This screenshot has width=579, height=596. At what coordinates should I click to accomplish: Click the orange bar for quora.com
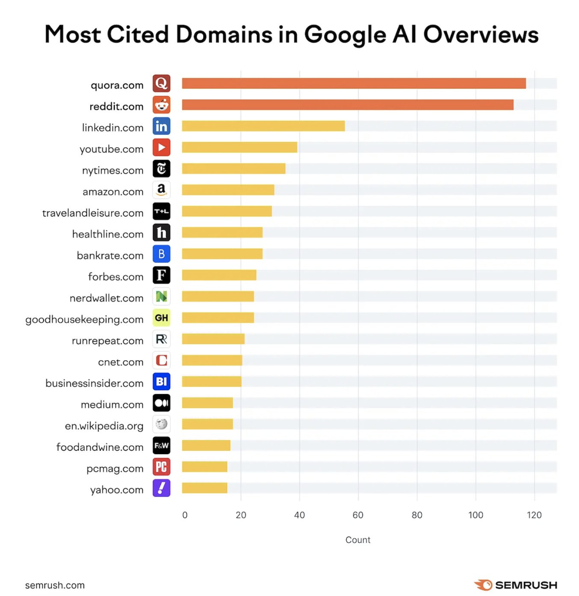pyautogui.click(x=354, y=83)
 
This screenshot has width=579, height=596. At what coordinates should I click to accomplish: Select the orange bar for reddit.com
pyautogui.click(x=348, y=105)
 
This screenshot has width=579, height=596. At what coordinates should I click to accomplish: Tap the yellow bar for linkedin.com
pyautogui.click(x=263, y=126)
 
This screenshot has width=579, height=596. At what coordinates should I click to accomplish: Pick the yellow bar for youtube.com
pyautogui.click(x=240, y=147)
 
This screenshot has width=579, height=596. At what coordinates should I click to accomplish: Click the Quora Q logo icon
pyautogui.click(x=161, y=83)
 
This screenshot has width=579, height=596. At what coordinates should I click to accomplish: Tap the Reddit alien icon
pyautogui.click(x=161, y=105)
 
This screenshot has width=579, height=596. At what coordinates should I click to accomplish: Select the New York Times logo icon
pyautogui.click(x=161, y=169)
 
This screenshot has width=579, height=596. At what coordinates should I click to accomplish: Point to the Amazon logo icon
pyautogui.click(x=161, y=190)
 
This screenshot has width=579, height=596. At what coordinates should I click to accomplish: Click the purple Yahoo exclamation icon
pyautogui.click(x=161, y=488)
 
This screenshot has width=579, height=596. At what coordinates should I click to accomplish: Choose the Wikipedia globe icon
pyautogui.click(x=161, y=424)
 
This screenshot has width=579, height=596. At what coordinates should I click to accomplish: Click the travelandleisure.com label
pyautogui.click(x=93, y=213)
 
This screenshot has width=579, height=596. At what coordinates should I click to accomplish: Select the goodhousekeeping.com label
pyautogui.click(x=84, y=320)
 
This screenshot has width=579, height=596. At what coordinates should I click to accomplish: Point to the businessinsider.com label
pyautogui.click(x=94, y=383)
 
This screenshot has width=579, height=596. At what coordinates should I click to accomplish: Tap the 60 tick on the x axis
pyautogui.click(x=358, y=515)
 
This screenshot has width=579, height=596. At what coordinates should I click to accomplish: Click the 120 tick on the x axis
pyautogui.click(x=534, y=515)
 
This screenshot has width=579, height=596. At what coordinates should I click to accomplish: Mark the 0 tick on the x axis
pyautogui.click(x=185, y=515)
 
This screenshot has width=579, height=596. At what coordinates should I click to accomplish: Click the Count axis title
pyautogui.click(x=358, y=540)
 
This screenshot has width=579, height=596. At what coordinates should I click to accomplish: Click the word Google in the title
pyautogui.click(x=345, y=35)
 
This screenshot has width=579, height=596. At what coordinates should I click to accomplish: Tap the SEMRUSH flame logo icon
pyautogui.click(x=483, y=585)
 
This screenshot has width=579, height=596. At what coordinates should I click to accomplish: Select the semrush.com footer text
pyautogui.click(x=55, y=585)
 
